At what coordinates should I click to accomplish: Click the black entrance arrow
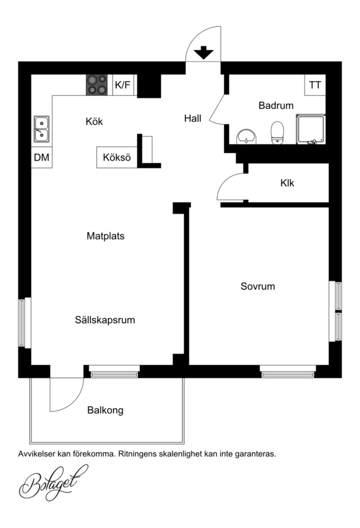(204, 53)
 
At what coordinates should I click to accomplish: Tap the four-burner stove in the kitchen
(97, 85)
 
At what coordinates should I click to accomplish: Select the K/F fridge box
(123, 85)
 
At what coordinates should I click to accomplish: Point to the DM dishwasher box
(42, 157)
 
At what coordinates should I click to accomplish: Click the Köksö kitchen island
(117, 157)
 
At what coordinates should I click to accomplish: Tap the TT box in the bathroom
(315, 85)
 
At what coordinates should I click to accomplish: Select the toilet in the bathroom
(277, 133)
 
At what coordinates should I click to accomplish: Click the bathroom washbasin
(246, 137)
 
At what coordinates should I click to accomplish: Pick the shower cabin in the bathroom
(311, 129)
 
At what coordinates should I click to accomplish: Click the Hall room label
(193, 118)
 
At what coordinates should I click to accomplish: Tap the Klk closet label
(287, 183)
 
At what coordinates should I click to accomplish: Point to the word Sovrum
(258, 286)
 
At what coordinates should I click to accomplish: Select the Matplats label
(106, 236)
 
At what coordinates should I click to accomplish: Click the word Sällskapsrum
(105, 320)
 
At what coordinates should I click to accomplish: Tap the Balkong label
(106, 411)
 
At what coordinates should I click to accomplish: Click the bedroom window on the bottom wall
(288, 372)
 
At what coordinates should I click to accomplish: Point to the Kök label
(94, 121)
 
